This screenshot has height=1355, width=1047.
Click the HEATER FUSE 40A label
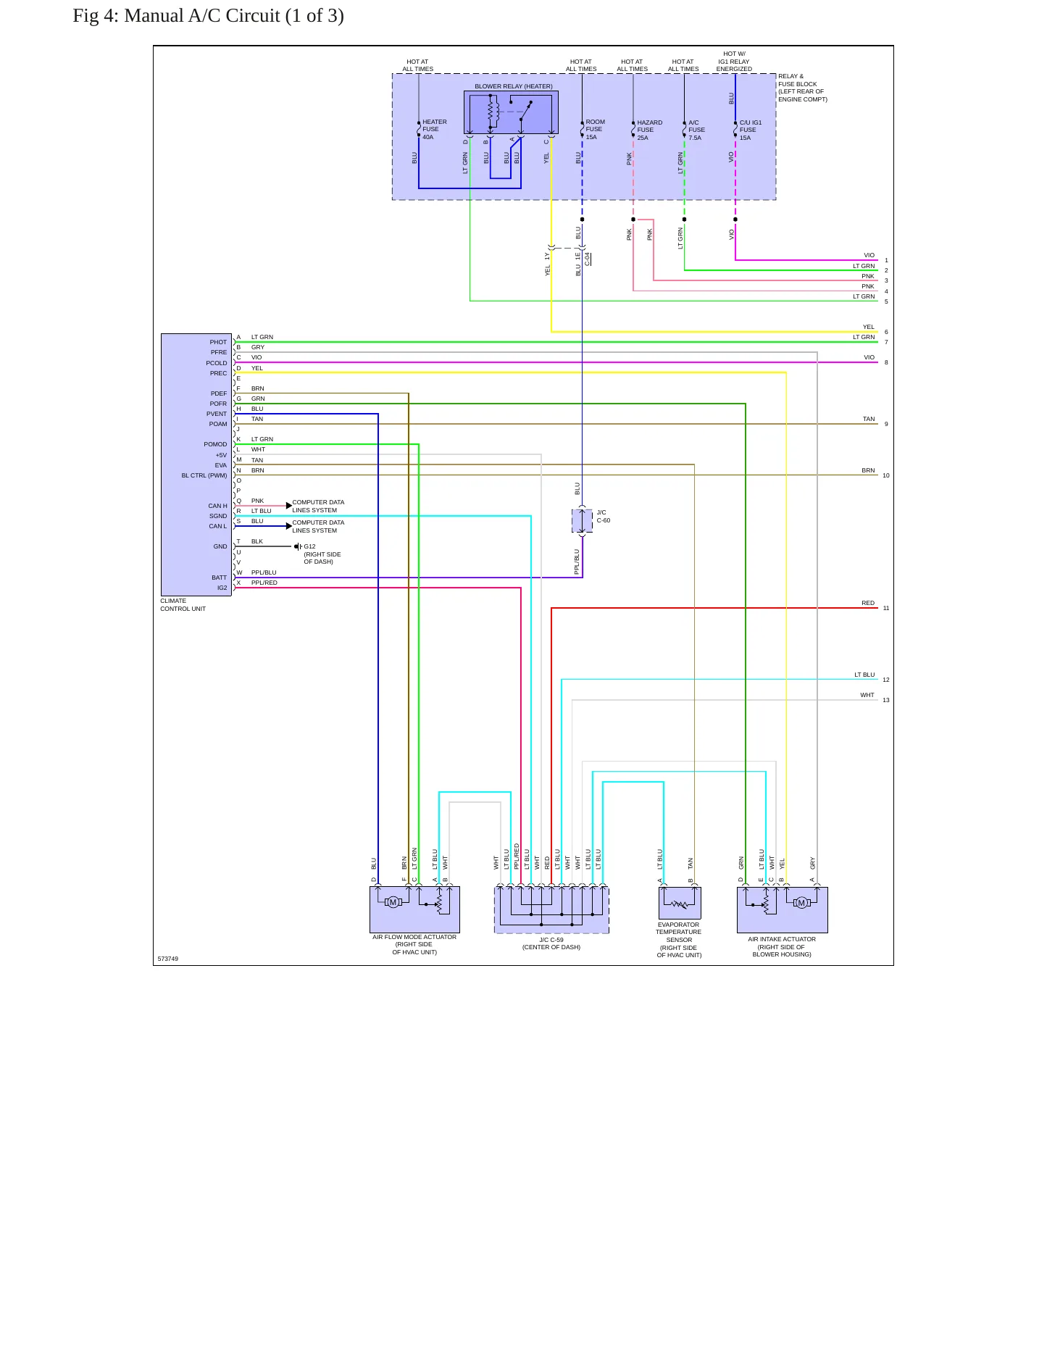coord(435,130)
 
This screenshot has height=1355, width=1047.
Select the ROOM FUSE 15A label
coord(596,130)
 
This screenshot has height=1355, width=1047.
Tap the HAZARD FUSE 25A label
coord(650,130)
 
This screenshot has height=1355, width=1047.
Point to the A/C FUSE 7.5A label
coord(696,130)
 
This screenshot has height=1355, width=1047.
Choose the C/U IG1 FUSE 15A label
coord(751,130)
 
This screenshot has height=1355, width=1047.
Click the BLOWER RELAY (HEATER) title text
coord(514,86)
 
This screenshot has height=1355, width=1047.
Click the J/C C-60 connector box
coord(582,520)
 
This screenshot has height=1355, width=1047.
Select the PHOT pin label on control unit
coord(218,342)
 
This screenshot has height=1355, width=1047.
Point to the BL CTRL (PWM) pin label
coord(204,475)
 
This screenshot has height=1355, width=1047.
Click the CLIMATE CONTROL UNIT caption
coord(183,605)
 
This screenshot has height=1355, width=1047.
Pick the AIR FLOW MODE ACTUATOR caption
coord(414,944)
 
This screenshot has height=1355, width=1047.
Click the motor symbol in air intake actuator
coord(801,903)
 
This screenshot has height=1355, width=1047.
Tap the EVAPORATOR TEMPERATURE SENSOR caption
coord(679,940)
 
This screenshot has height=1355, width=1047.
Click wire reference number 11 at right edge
coord(886,608)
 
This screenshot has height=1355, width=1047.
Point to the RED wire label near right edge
coord(868,603)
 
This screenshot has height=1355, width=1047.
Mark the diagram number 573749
coord(167,959)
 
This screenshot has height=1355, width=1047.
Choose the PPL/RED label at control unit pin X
coord(264,583)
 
